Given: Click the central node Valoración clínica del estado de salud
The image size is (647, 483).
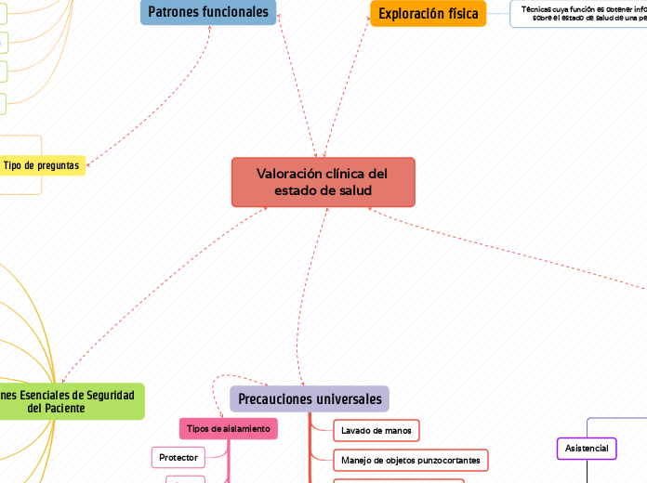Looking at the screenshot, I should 323,182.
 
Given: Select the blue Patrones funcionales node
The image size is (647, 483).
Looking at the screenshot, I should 208,13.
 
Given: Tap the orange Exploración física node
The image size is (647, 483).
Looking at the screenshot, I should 428,14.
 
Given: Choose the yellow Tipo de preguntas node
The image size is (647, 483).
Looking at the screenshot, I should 40,165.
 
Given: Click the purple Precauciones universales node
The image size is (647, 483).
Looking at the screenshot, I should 310,399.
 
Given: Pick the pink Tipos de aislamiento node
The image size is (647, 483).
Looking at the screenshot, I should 228,428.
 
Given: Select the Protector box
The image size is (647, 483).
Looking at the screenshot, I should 178,457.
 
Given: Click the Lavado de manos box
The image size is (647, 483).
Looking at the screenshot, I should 376,430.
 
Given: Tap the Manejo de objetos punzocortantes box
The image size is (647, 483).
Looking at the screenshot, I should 410,460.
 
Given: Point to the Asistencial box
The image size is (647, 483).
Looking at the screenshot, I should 587,449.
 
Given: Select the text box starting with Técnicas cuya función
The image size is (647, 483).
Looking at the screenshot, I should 581,13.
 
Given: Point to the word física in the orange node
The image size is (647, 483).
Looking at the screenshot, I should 460,14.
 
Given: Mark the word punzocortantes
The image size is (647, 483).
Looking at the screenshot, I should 450,460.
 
